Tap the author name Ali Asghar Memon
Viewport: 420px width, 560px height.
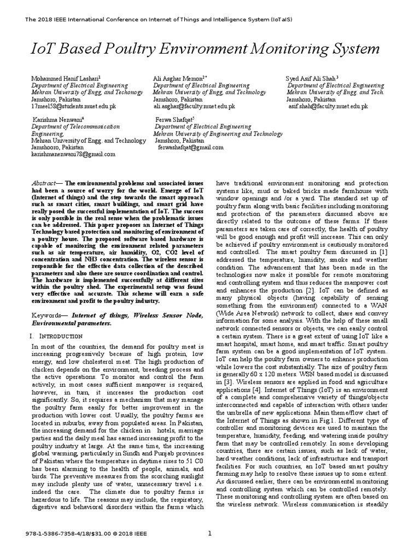click(179, 79)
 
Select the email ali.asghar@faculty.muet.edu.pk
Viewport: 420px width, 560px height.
click(195, 107)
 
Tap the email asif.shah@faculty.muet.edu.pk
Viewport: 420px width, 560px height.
click(328, 107)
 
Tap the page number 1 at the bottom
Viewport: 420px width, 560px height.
click(209, 534)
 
